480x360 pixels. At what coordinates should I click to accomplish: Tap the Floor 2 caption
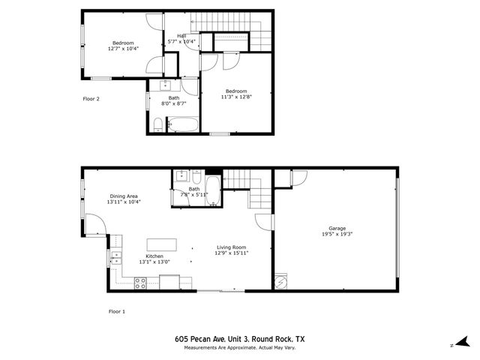pos(91,98)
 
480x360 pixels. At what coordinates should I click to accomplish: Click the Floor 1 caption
pos(117,310)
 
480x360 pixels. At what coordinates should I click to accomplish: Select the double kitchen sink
pos(116,258)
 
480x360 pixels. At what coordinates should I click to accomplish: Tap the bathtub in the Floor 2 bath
pos(181,124)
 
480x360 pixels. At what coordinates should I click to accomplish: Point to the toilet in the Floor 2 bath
pos(157,124)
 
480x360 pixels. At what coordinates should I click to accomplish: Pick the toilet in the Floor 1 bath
pos(195,180)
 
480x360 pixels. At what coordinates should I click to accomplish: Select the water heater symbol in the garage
pos(281,281)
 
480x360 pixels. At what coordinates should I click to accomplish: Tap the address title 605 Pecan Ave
pos(239,339)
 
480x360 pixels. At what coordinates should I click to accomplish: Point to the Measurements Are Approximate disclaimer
pos(239,346)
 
